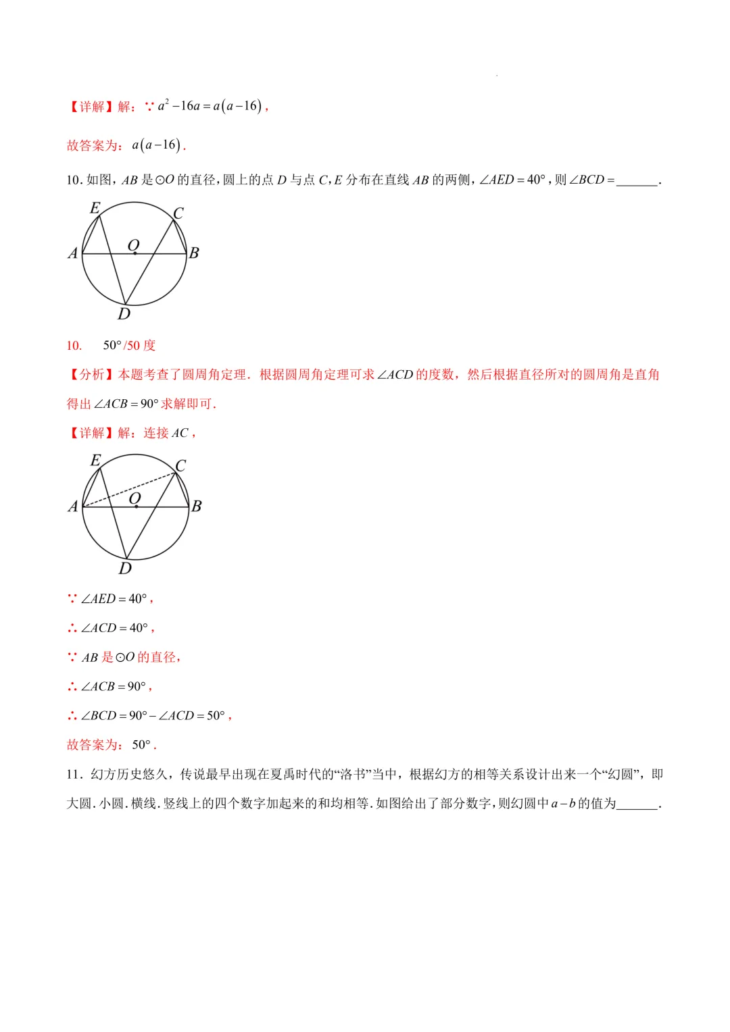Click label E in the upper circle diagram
[95, 208]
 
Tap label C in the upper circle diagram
[178, 213]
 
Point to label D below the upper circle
[124, 314]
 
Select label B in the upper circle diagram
[194, 253]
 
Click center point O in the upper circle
[135, 253]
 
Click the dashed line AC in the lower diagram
[128, 490]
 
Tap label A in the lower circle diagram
[73, 507]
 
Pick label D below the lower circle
[125, 569]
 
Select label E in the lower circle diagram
[96, 461]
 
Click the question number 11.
[74, 775]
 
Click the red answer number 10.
[74, 346]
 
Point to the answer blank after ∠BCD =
[637, 181]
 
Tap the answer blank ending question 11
[637, 804]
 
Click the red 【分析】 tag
[92, 375]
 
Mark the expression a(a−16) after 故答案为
[156, 145]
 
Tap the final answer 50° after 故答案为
[142, 745]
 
